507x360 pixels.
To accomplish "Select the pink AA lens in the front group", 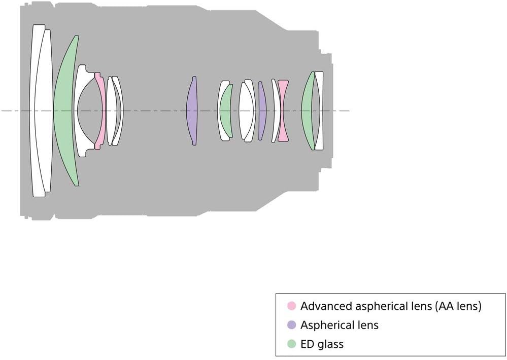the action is click(101, 111).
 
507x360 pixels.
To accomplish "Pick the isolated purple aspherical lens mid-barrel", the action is click(192, 111).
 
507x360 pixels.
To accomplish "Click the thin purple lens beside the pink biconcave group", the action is click(262, 111).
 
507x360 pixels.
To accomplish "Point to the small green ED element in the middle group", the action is click(226, 111).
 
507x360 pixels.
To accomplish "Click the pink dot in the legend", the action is click(292, 306).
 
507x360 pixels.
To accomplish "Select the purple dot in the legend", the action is click(292, 325).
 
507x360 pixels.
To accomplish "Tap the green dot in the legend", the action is click(292, 344).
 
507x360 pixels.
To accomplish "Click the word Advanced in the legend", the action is click(326, 306).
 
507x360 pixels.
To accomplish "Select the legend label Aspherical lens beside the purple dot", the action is click(340, 325).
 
